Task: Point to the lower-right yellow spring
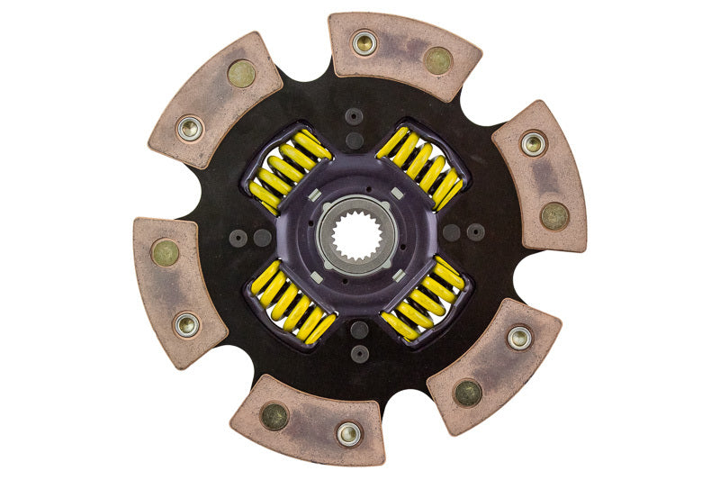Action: tap(424, 301)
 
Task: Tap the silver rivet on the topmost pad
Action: tap(364, 42)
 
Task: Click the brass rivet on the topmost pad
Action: tap(438, 60)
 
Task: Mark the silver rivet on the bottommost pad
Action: tap(348, 434)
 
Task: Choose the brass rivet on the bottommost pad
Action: tap(274, 416)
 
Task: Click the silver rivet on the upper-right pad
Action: tap(533, 143)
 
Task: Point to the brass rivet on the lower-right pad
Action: tap(467, 392)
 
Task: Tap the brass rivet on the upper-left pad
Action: tap(240, 74)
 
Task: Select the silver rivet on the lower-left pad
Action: tap(187, 324)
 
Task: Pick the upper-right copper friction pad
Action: tap(539, 176)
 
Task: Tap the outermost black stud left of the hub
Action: tap(238, 238)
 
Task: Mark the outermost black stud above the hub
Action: tap(354, 116)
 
